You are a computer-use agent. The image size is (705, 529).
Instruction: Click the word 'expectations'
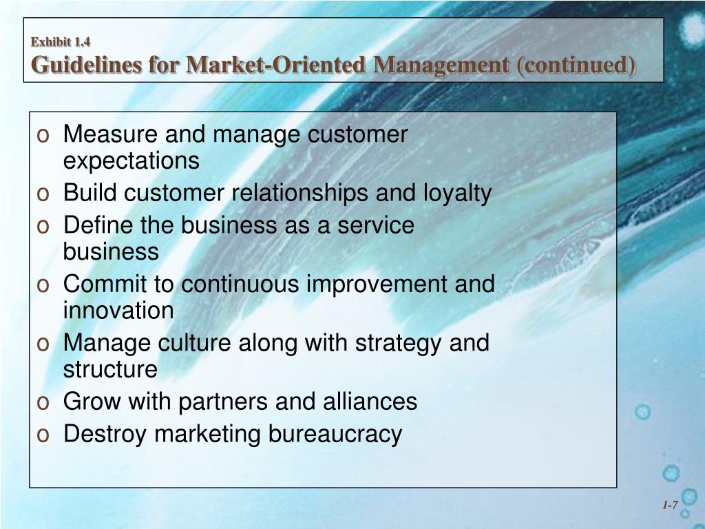(131, 161)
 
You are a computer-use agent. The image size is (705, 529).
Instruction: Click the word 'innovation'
(118, 311)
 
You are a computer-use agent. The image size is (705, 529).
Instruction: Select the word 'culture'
(196, 342)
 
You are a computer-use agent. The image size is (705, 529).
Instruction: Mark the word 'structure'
(110, 369)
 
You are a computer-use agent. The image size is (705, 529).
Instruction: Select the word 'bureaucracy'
(335, 434)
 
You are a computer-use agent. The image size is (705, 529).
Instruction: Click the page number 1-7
(670, 506)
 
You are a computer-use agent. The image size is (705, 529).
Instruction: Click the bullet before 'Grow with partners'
(43, 402)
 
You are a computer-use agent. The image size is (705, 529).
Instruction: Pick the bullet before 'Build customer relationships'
(43, 195)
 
